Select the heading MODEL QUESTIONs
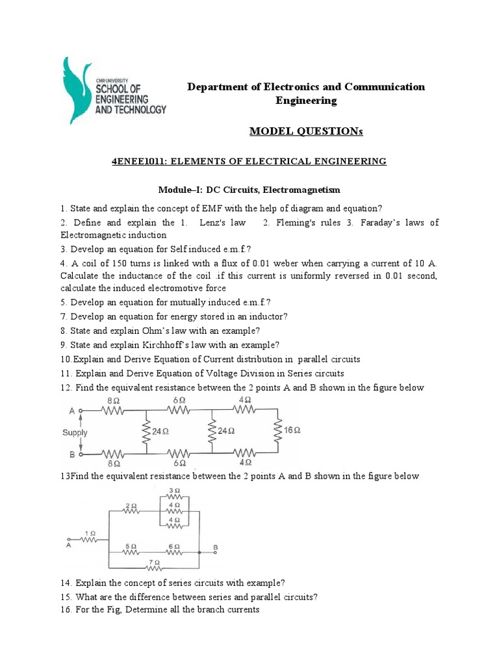305,132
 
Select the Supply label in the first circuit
75,432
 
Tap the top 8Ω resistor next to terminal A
114,410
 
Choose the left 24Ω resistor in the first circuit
146,430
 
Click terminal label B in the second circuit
215,548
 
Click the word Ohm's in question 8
161,331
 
